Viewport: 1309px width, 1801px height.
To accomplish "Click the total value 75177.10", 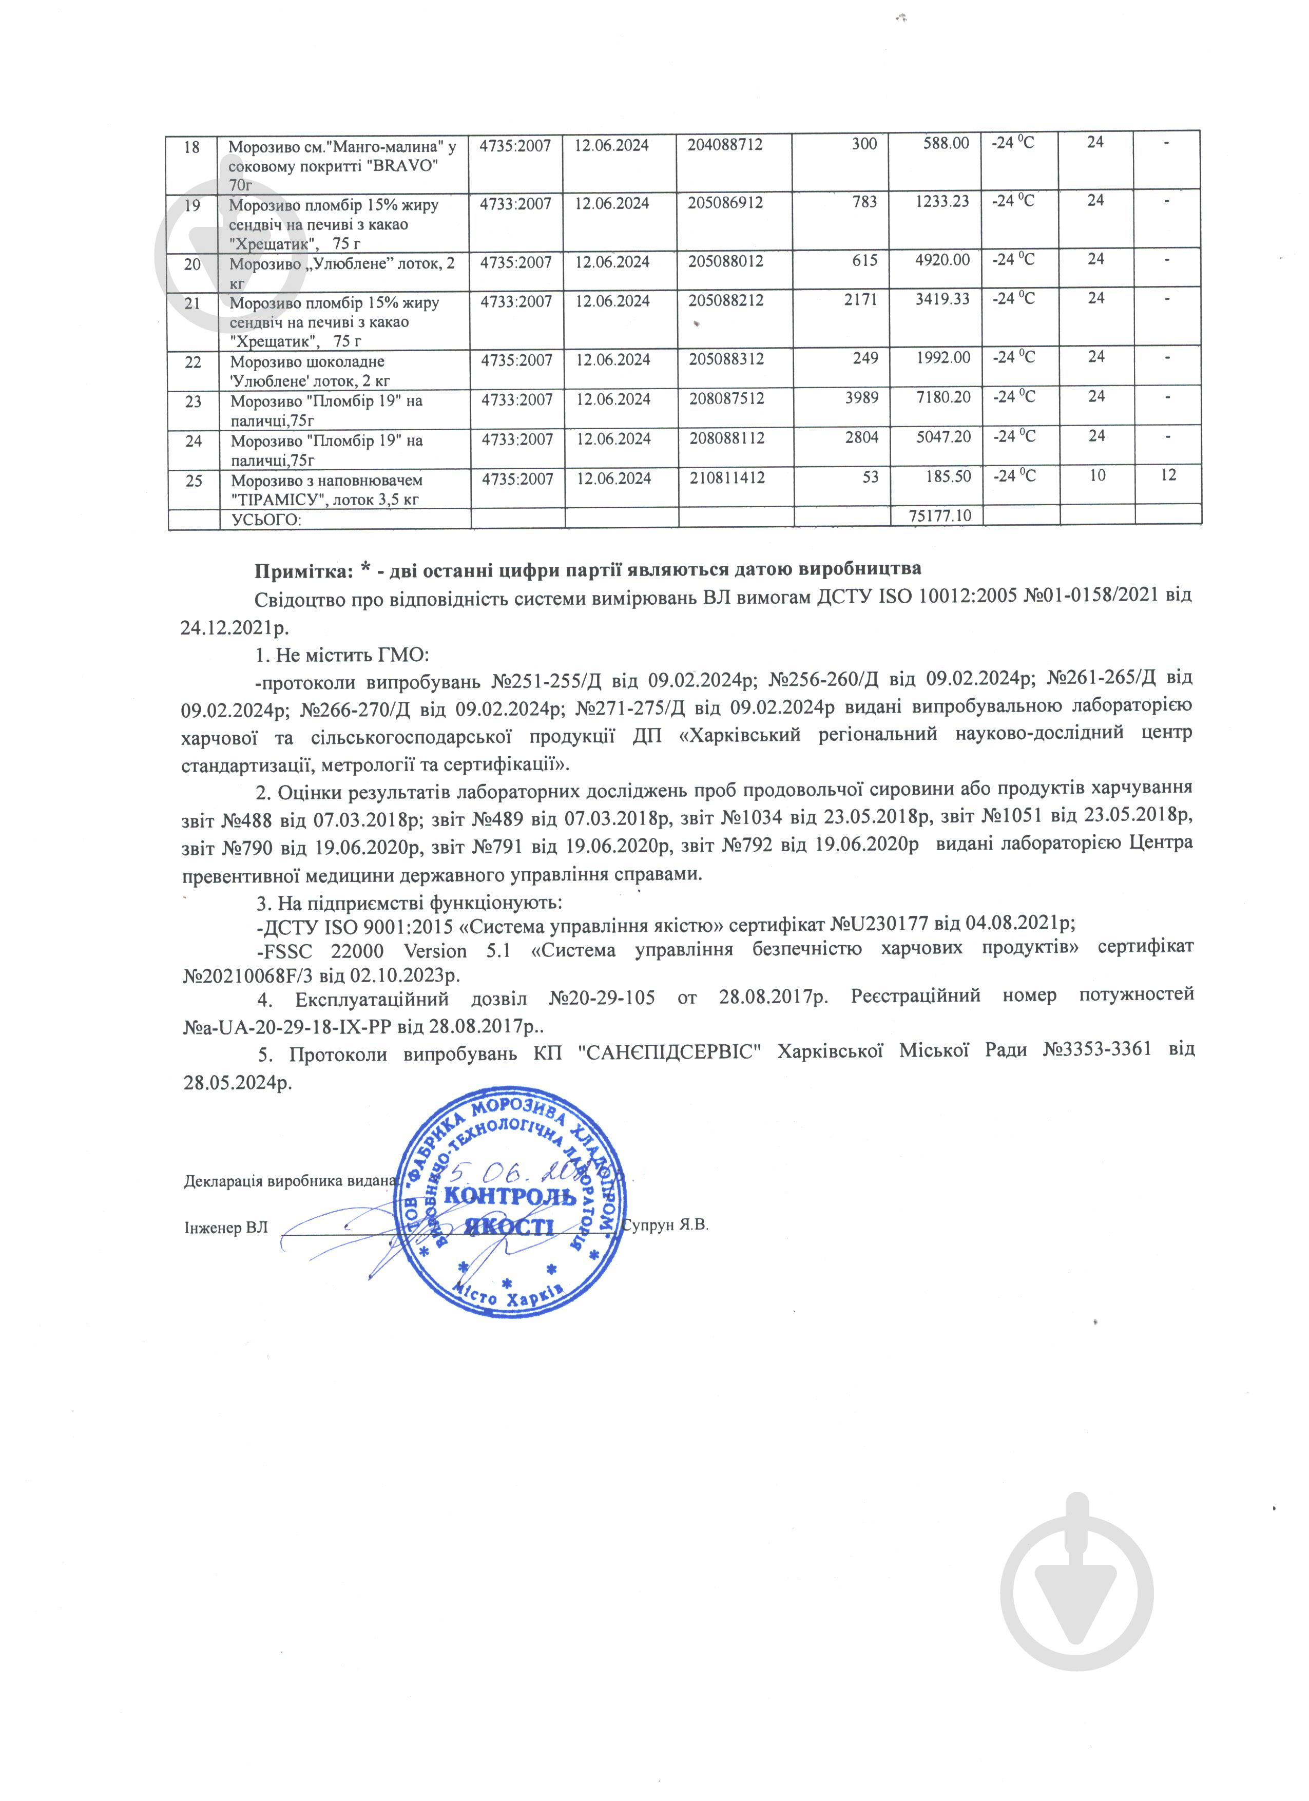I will [940, 515].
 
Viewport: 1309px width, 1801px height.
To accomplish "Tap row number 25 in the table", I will [193, 481].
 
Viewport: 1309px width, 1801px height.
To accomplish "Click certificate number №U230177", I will [880, 924].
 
